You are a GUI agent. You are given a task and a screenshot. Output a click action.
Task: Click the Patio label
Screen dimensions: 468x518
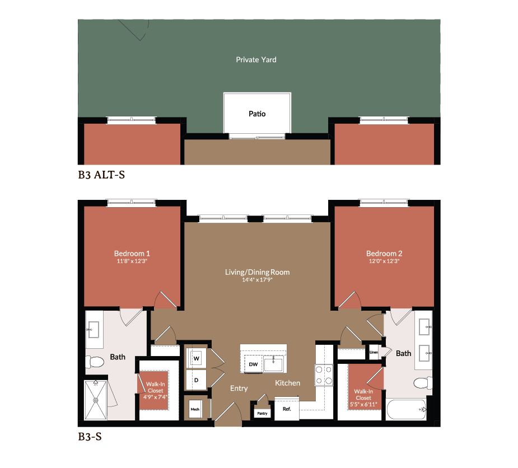pos(257,114)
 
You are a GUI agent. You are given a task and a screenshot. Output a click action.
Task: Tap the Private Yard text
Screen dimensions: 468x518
pos(256,59)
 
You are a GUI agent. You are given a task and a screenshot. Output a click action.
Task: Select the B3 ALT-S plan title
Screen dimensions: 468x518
pos(101,175)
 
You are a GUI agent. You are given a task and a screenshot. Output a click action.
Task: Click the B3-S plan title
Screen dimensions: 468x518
pos(90,436)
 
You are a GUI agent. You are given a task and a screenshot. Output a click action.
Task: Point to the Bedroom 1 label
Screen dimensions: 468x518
pos(132,253)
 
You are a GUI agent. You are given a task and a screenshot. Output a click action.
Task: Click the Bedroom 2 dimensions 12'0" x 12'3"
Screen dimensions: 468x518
pos(384,261)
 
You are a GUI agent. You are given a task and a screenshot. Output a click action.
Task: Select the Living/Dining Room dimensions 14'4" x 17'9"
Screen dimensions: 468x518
pos(257,280)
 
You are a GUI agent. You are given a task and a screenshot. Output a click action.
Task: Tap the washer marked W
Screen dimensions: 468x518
pos(197,357)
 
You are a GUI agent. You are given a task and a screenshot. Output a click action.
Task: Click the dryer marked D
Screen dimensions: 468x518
pos(197,380)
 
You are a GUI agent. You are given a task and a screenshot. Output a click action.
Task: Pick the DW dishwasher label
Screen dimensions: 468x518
pos(253,364)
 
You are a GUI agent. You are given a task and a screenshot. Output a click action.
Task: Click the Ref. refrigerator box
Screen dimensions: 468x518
pos(287,409)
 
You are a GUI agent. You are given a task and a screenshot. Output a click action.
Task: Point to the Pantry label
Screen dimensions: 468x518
pos(262,413)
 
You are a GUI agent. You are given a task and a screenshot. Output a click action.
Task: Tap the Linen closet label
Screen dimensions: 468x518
pos(374,353)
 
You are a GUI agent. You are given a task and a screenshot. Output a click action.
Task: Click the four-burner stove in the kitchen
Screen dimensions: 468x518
pos(324,375)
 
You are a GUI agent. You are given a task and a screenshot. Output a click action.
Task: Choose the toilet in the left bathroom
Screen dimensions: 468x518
pos(96,362)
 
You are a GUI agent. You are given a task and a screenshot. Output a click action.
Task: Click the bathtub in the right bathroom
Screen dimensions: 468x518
pos(406,413)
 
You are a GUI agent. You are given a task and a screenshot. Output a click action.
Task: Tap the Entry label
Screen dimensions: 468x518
pos(239,389)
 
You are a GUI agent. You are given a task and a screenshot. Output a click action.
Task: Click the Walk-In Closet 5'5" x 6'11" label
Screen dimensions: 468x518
pos(363,397)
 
